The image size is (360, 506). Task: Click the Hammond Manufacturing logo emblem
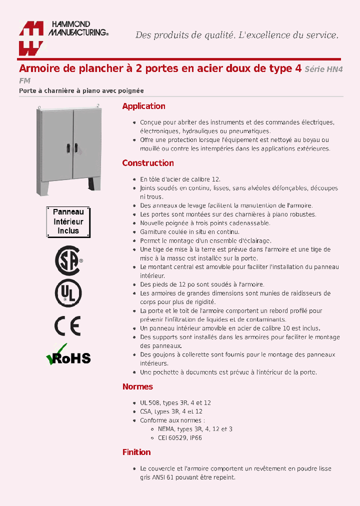31,38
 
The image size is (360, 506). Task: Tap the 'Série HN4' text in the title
324,69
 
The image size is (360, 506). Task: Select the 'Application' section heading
143,106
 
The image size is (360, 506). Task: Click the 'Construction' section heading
148,163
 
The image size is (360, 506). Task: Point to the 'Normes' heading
137,386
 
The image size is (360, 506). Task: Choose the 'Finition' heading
136,452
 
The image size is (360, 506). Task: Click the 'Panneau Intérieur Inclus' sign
68,221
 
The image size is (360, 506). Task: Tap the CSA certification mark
68,260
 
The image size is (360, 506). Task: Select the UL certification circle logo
68,293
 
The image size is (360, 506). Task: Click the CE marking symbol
67,326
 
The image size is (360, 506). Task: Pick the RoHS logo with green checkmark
68,356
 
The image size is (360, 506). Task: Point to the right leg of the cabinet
94,183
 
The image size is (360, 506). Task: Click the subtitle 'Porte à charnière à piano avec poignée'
81,91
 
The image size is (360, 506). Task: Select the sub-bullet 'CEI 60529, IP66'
179,437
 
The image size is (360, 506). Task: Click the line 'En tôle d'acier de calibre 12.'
180,179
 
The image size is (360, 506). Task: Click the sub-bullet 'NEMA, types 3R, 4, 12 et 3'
195,429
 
